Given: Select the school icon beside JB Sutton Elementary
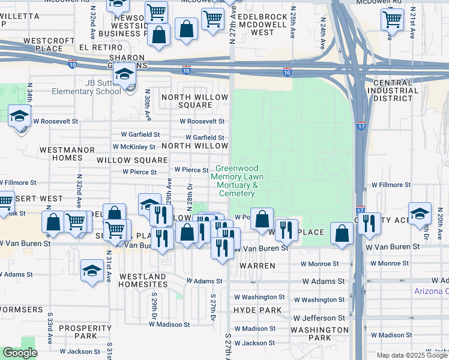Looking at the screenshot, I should pyautogui.click(x=125, y=76).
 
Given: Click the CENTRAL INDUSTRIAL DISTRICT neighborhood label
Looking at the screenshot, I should pyautogui.click(x=395, y=91).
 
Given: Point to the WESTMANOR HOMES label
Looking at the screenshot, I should pyautogui.click(x=61, y=153).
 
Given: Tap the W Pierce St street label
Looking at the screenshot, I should pyautogui.click(x=139, y=172).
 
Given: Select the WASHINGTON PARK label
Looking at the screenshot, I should pyautogui.click(x=319, y=334).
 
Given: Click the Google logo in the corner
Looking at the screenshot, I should pyautogui.click(x=20, y=353).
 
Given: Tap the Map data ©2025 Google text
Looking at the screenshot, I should pyautogui.click(x=412, y=355).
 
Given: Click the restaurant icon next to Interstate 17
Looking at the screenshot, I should pyautogui.click(x=369, y=224).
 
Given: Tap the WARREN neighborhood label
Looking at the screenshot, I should pyautogui.click(x=257, y=265).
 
